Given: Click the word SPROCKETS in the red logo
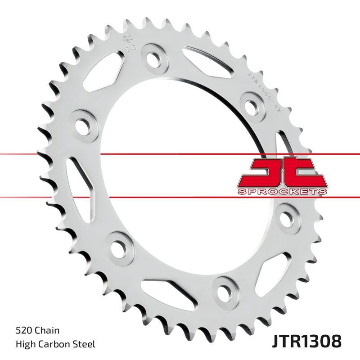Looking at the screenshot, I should [x=281, y=191].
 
